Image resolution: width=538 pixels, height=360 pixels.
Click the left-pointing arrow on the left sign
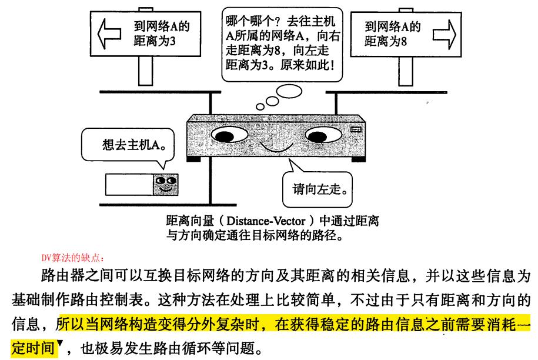tap(108, 30)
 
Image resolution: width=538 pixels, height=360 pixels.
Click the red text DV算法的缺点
tap(73, 257)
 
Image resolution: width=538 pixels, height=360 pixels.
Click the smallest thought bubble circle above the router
tap(260, 106)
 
